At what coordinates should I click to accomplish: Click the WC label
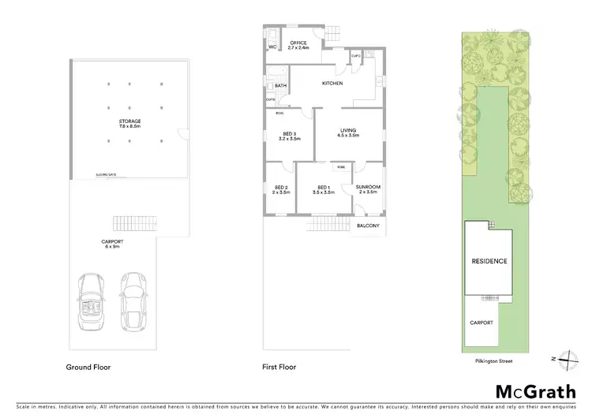pos(272,47)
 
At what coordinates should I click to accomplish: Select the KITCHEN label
pos(332,83)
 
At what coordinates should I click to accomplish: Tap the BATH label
pos(280,86)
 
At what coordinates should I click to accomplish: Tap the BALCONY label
pos(369,226)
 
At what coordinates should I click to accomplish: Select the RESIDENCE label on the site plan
pos(489,261)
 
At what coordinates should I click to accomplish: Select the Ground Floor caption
pos(88,368)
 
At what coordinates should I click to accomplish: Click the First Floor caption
pos(279,368)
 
